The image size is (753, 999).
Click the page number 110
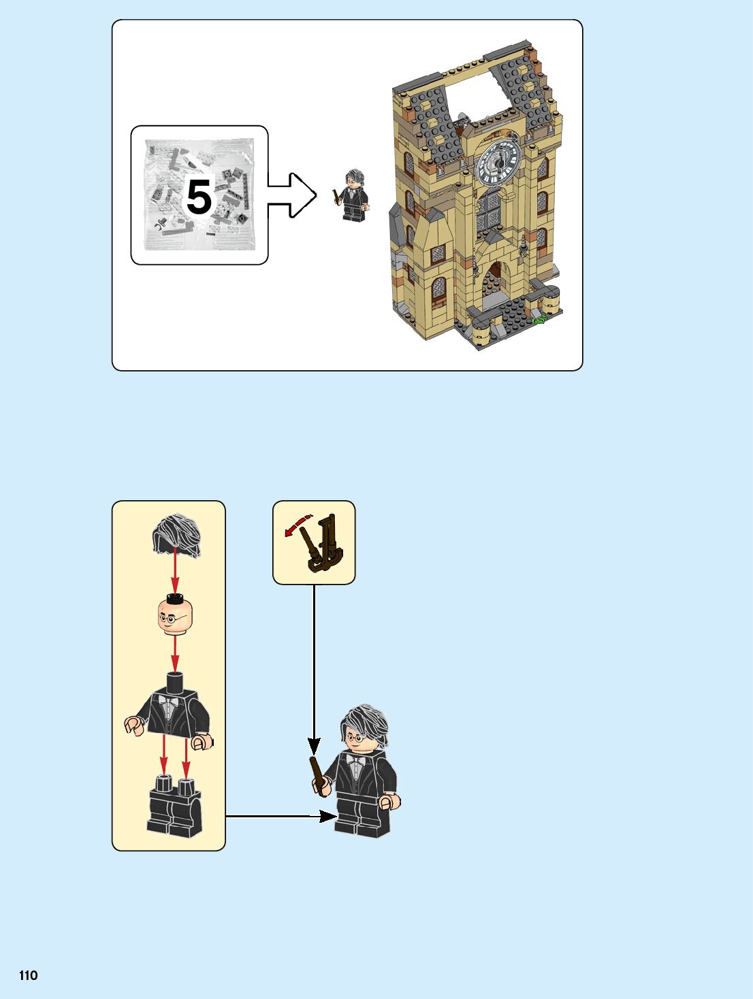(x=28, y=975)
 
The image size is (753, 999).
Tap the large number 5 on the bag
(x=199, y=197)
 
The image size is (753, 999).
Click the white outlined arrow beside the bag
(x=293, y=195)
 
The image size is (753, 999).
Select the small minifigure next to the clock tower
(x=353, y=196)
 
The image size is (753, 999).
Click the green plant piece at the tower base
(x=540, y=318)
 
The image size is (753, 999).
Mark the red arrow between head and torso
(x=175, y=655)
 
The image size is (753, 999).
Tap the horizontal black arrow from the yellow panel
(x=279, y=815)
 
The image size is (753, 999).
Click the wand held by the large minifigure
(x=317, y=775)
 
